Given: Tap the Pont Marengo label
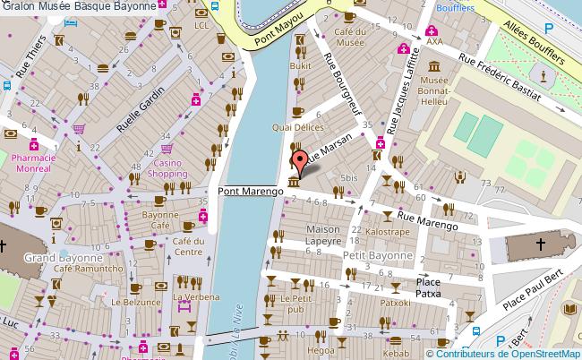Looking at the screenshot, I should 248,191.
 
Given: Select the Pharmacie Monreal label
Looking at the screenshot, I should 34,162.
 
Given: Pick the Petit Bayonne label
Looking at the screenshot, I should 377,255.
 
